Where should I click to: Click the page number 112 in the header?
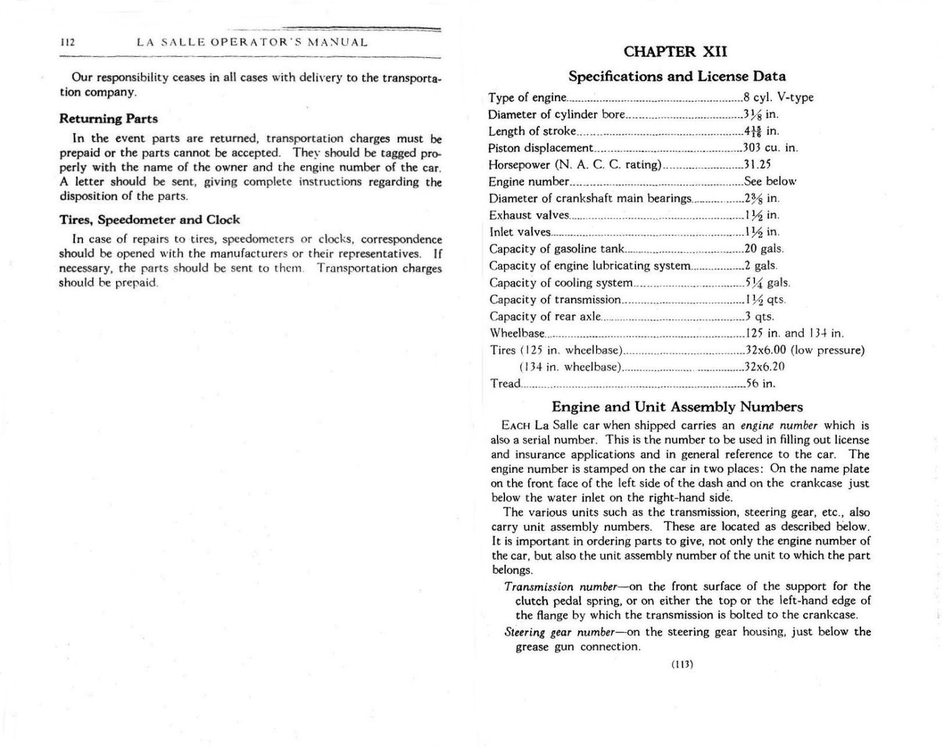pos(67,43)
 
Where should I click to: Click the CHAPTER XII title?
pos(675,52)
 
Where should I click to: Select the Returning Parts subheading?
pos(108,118)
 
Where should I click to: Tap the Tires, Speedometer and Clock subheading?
pos(149,219)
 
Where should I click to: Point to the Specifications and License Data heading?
pos(677,76)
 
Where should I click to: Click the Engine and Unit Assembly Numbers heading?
pos(677,407)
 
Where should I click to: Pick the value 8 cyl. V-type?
pos(778,97)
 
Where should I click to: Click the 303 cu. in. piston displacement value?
pos(770,148)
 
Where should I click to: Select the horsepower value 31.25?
pos(757,165)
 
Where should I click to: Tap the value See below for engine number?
pos(770,181)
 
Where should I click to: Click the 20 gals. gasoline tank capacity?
pos(764,249)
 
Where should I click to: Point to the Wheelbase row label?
pos(517,333)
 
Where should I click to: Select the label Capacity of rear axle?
pos(546,316)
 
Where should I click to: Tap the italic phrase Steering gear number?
pos(541,632)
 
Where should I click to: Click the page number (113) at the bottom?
pos(682,664)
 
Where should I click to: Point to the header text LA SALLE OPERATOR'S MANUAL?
pos(252,43)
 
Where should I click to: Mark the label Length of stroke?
pos(532,131)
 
